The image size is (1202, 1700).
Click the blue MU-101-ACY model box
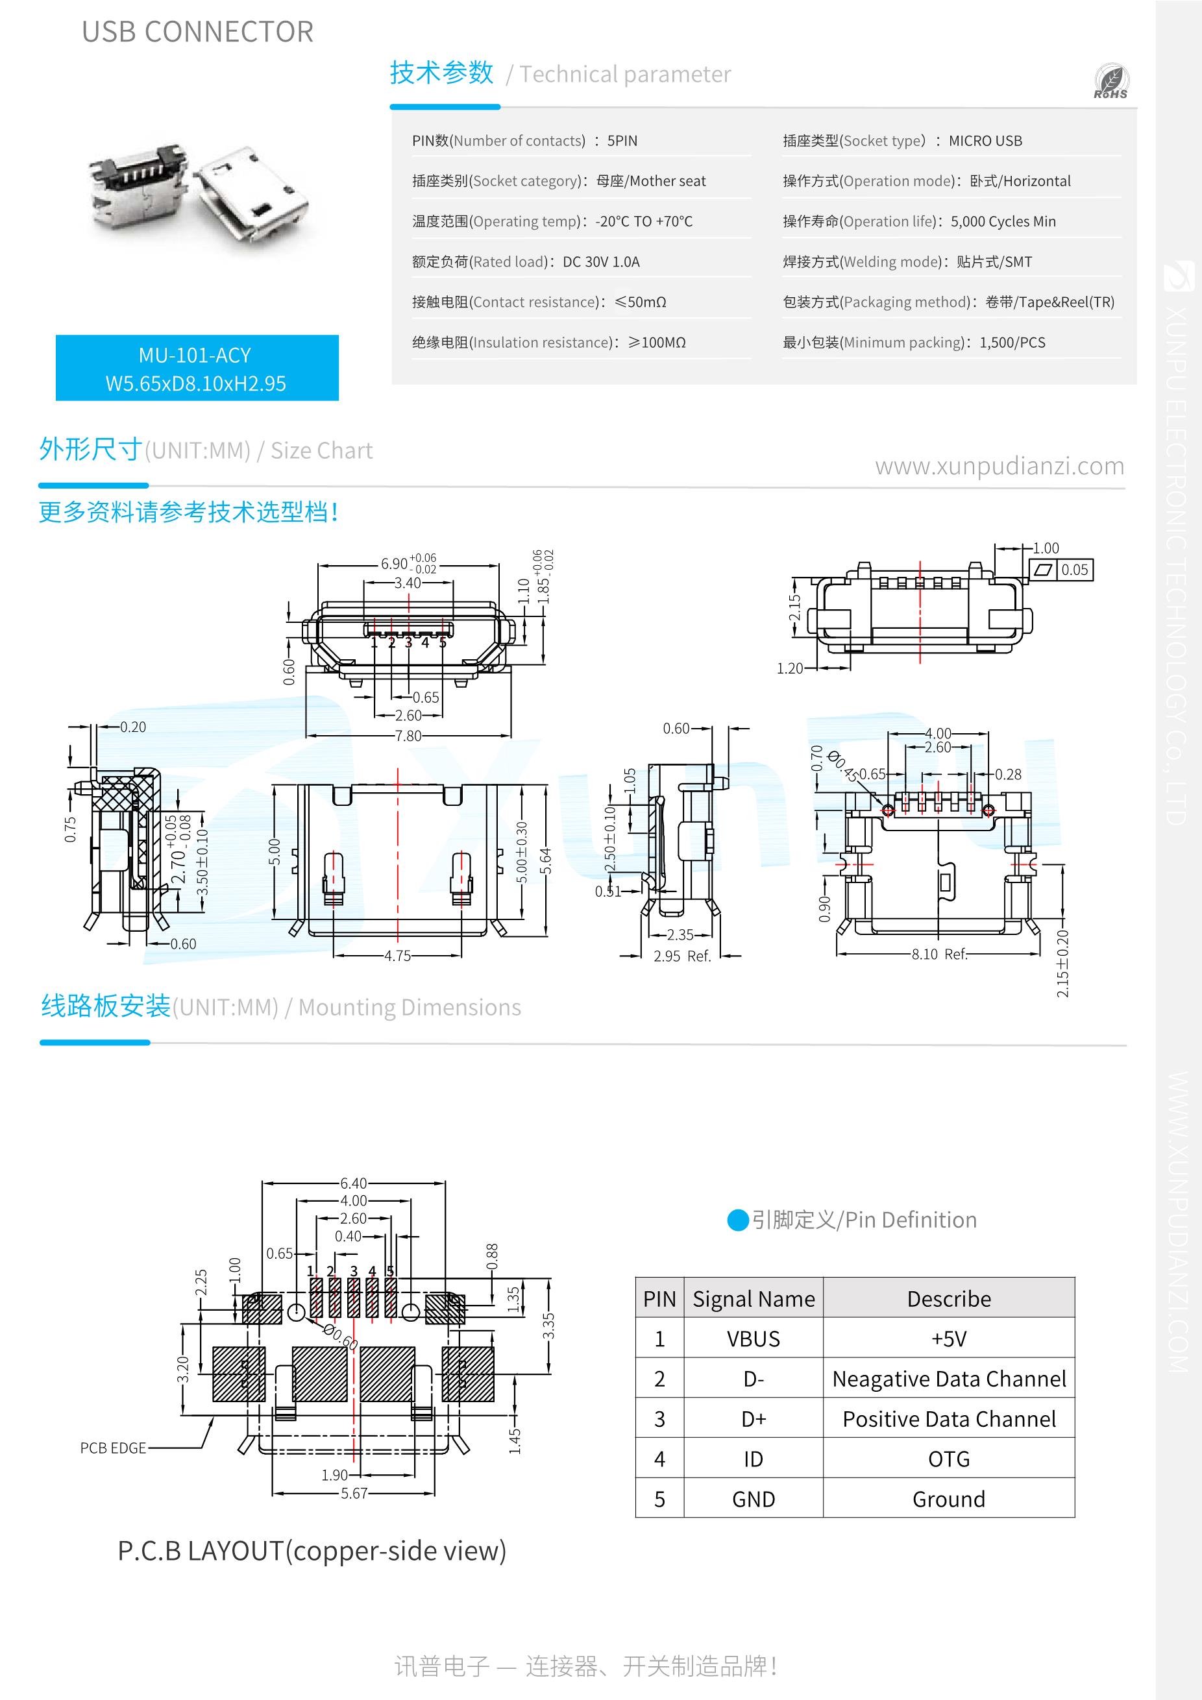click(x=197, y=368)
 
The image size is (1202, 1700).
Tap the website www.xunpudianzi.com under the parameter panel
click(x=1000, y=467)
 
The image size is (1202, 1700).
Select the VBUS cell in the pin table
click(x=753, y=1339)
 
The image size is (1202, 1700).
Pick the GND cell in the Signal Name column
click(x=753, y=1499)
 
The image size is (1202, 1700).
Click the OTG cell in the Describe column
click(x=949, y=1459)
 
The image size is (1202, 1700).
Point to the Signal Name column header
click(x=753, y=1299)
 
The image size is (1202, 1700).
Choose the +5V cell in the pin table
click(x=949, y=1339)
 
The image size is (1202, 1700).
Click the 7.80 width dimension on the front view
click(x=408, y=736)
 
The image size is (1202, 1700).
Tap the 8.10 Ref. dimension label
click(x=939, y=954)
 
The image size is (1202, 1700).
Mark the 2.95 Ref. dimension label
click(x=682, y=956)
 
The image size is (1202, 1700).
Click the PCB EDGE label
click(x=114, y=1448)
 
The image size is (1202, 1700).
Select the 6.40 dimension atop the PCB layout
click(x=353, y=1184)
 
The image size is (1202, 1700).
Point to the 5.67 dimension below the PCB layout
click(x=354, y=1494)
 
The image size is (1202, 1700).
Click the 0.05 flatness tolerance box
click(x=1075, y=570)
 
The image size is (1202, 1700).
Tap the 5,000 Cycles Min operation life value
click(x=1003, y=221)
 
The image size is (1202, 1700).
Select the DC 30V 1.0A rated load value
click(x=602, y=261)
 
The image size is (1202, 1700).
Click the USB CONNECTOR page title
click(x=198, y=32)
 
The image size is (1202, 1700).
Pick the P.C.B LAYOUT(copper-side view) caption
click(x=312, y=1550)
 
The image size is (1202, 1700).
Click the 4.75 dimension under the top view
click(x=398, y=956)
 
